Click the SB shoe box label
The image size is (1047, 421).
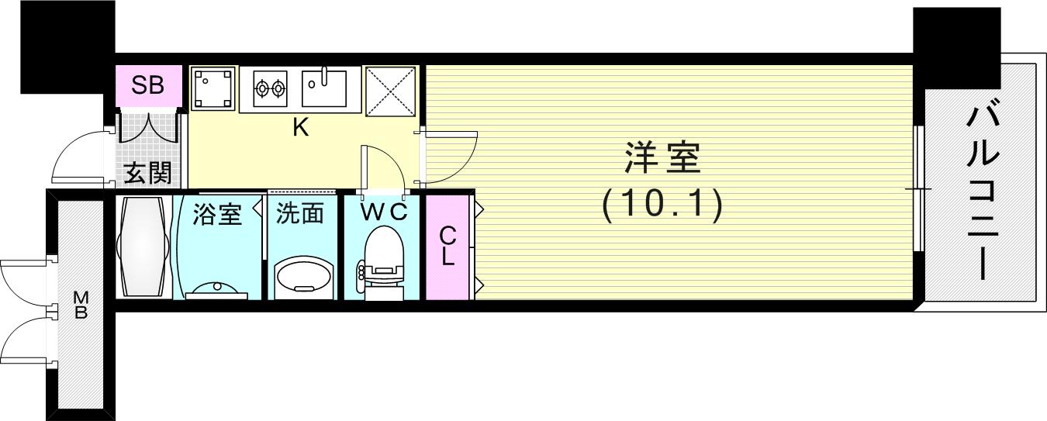pos(147,85)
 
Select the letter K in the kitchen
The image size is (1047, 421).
pos(301,129)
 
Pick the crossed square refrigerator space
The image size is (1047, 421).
pos(391,89)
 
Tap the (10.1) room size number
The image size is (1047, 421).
pos(662,205)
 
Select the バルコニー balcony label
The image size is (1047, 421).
pos(983,193)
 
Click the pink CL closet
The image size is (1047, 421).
pos(447,247)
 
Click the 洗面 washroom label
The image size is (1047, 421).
pos(300,214)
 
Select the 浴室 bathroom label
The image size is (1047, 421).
pos(217,214)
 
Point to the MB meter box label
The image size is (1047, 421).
pos(81,305)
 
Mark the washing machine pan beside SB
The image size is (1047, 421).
pos(213,88)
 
